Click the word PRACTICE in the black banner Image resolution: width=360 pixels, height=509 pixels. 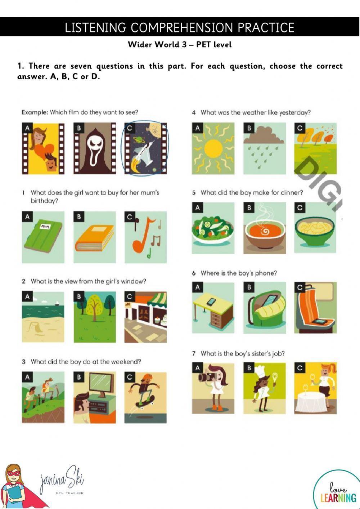coord(266,27)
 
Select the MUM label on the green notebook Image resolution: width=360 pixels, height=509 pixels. coord(45,226)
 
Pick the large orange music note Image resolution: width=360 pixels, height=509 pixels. coord(143,235)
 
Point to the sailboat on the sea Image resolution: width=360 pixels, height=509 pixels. coord(57,303)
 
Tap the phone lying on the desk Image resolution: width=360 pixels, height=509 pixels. coord(211,302)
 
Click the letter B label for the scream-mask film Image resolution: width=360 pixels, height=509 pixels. coord(78,128)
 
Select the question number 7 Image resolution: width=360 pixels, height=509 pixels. coord(194,354)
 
